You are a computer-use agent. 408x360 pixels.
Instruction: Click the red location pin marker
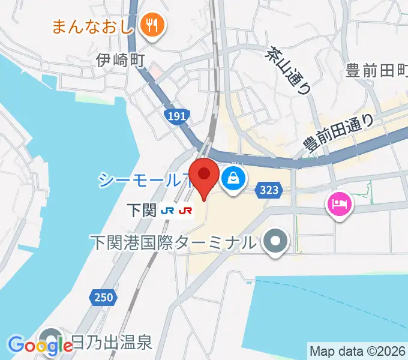(x=204, y=175)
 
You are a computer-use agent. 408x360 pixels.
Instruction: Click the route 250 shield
(x=103, y=296)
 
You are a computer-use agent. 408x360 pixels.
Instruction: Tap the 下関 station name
(x=142, y=211)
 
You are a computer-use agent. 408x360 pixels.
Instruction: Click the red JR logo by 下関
(x=186, y=211)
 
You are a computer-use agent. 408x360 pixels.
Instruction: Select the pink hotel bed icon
(x=340, y=204)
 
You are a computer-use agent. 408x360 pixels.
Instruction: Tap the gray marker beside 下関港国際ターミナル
(x=276, y=241)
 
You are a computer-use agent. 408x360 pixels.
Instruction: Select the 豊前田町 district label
(x=377, y=71)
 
